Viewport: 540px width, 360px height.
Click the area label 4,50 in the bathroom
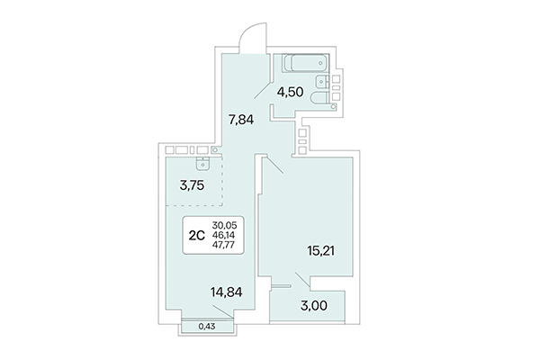point(290,90)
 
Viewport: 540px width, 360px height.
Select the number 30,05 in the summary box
point(226,225)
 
